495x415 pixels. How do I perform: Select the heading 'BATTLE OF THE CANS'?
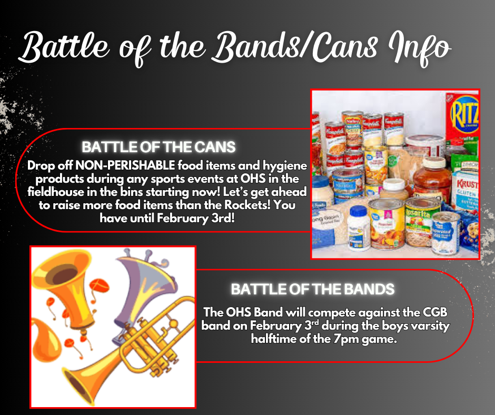point(158,146)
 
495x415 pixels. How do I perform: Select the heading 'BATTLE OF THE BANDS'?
point(312,289)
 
